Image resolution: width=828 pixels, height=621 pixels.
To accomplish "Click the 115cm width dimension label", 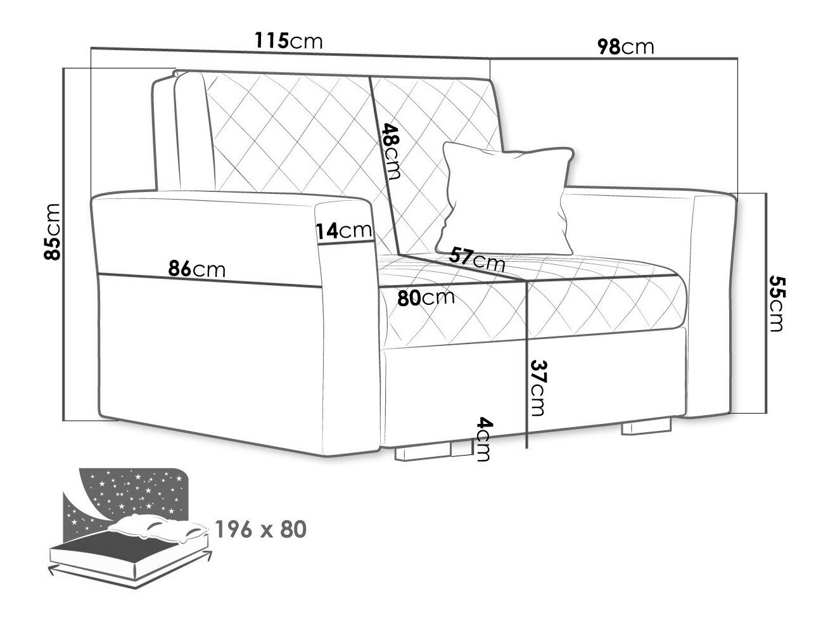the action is [x=289, y=41].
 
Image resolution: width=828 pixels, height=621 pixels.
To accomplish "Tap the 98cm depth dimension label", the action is [x=625, y=47].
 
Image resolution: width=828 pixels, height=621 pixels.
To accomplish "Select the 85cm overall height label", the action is [x=52, y=232].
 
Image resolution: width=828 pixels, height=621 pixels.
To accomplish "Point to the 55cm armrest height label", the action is [x=777, y=304].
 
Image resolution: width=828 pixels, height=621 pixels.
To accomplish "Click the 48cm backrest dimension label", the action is [x=391, y=151].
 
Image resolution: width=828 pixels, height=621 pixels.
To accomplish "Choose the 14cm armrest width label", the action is [x=343, y=231].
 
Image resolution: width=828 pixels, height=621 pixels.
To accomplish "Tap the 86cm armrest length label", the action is [x=196, y=269].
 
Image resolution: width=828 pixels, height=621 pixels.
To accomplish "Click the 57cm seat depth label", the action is [x=477, y=259].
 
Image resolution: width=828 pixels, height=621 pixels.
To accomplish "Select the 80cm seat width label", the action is [x=426, y=298].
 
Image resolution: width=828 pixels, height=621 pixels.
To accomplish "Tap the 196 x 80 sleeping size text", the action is [x=260, y=530].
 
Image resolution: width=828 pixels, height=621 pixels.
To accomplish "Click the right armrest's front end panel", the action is [x=713, y=306].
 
